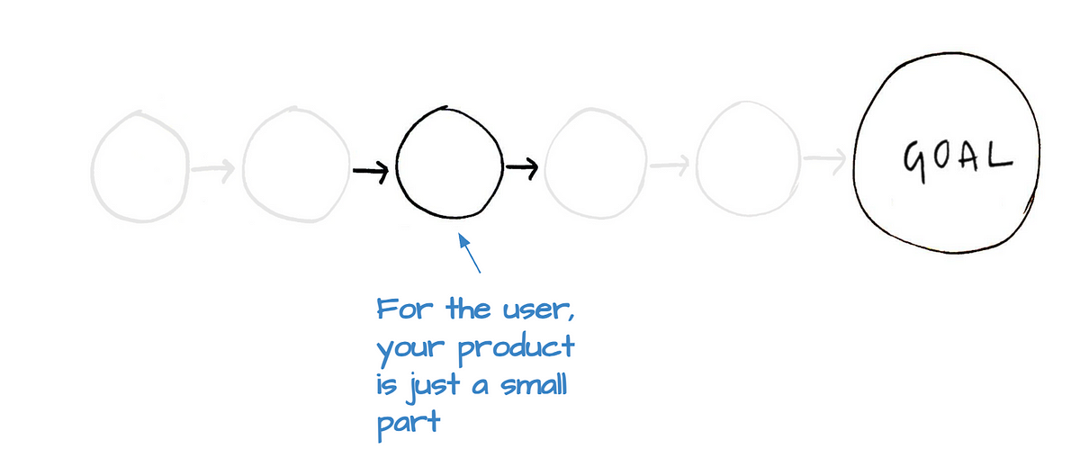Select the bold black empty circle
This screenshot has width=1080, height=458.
(447, 164)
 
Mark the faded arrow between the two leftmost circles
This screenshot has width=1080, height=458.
(214, 167)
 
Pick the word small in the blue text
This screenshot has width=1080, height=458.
(533, 385)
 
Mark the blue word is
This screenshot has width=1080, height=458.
(385, 385)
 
